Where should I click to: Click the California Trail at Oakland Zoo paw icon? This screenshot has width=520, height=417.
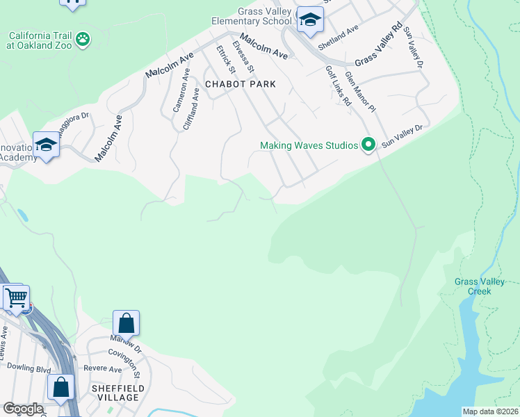[x=83, y=39]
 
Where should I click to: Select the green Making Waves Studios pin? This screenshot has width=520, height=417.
[x=368, y=145]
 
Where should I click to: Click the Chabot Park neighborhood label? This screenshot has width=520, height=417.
[x=240, y=84]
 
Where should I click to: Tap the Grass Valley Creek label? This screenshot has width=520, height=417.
[x=473, y=286]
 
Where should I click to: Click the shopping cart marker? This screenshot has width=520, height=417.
[x=16, y=297]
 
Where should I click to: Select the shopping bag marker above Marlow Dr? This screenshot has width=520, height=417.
[x=126, y=322]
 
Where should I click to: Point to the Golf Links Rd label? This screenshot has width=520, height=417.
[x=339, y=86]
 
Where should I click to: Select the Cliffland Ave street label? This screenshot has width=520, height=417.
[x=191, y=108]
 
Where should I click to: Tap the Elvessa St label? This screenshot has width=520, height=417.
[x=244, y=56]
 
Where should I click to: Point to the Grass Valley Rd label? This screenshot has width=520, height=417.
[x=379, y=43]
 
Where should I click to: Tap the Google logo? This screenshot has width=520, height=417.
[x=23, y=409]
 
